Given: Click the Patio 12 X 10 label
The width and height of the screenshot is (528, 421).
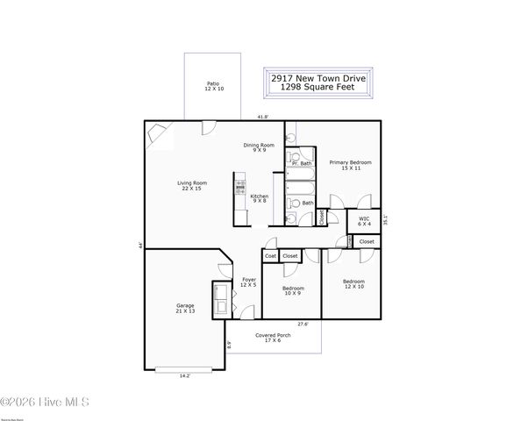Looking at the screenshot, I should tap(214, 86).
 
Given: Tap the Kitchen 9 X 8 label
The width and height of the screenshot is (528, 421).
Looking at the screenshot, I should tap(259, 198).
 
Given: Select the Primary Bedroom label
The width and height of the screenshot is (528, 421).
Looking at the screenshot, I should tap(350, 165).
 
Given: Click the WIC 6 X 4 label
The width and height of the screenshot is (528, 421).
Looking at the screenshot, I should tap(363, 220).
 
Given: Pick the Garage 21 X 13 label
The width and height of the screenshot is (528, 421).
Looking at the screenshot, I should tap(185, 308).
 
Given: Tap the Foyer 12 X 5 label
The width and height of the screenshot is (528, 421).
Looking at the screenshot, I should tap(249, 282).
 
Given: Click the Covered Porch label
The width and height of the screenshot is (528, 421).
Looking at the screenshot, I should tap(273, 338).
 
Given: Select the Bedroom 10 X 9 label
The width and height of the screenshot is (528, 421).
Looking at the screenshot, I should tap(293, 291).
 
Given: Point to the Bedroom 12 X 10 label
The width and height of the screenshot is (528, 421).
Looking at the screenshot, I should tap(353, 284).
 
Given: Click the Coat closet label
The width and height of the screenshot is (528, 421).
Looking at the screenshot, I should tap(270, 256).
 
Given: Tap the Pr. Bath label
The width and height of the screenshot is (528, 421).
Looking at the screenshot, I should tap(303, 163).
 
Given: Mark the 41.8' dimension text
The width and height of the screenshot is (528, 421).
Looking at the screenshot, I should tap(262, 117).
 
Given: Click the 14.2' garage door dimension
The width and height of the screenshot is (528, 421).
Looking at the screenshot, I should tap(185, 375).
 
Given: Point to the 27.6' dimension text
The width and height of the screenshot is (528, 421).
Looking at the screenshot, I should tap(303, 325).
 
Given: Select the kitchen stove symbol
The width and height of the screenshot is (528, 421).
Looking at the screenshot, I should tap(239, 186).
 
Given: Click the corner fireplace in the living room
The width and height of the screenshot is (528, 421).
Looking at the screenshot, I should tap(157, 132).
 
